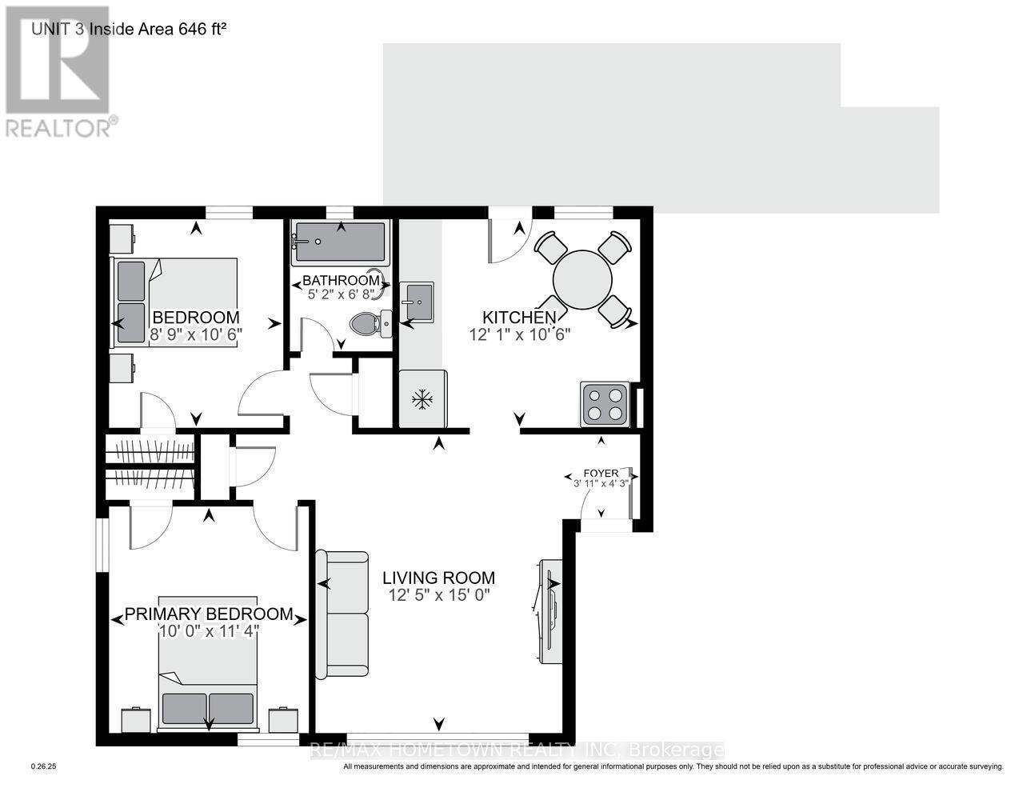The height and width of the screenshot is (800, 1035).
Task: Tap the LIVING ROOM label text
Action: [438, 578]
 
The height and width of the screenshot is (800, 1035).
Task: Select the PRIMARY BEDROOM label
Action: [209, 614]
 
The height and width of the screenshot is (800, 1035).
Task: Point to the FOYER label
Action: [601, 473]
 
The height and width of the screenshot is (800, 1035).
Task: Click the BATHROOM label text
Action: [340, 281]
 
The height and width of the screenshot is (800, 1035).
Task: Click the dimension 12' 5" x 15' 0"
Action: [438, 595]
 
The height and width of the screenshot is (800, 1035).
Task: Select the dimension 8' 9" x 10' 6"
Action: [196, 334]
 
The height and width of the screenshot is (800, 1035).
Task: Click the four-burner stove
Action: [604, 404]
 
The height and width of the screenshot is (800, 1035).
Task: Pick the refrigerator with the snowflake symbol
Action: [422, 399]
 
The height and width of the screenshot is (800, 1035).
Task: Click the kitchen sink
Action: [416, 302]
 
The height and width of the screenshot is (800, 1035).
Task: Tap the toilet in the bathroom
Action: [369, 323]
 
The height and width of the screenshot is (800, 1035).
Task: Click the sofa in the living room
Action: [342, 614]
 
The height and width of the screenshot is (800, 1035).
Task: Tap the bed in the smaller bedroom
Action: [178, 300]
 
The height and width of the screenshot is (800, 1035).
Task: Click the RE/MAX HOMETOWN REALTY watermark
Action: [517, 750]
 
